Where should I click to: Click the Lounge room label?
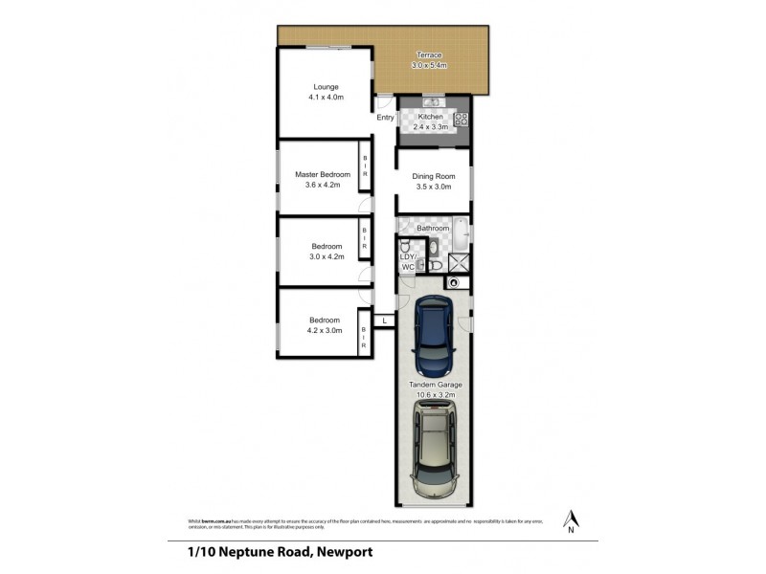pos(326,87)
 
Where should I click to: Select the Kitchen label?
pos(430,117)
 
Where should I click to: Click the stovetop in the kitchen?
pos(461,120)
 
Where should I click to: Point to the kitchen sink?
pos(431,102)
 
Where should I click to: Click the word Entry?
pos(385,118)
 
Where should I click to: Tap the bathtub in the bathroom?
pos(461,231)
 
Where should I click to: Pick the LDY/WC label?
pos(407,262)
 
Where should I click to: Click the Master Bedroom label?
pos(323,174)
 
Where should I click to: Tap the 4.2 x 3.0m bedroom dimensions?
pos(324,332)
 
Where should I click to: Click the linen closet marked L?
pos(384,320)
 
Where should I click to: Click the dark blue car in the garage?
pos(434,337)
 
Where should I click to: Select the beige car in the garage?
pos(434,451)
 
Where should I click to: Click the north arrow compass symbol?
pos(571,517)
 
